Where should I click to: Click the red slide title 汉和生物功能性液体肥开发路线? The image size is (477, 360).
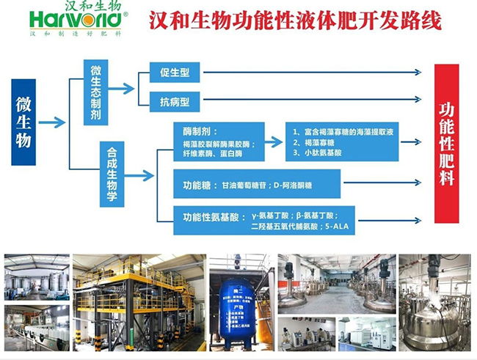click(x=295, y=21)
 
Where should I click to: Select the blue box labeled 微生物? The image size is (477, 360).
click(x=23, y=122)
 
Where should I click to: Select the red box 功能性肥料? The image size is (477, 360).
click(x=447, y=144)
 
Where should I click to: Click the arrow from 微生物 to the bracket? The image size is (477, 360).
click(x=52, y=122)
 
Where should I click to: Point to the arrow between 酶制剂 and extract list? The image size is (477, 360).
click(x=272, y=139)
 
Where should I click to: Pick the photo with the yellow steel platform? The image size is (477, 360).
click(x=139, y=301)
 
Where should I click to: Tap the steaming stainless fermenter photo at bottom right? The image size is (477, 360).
click(x=434, y=301)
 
